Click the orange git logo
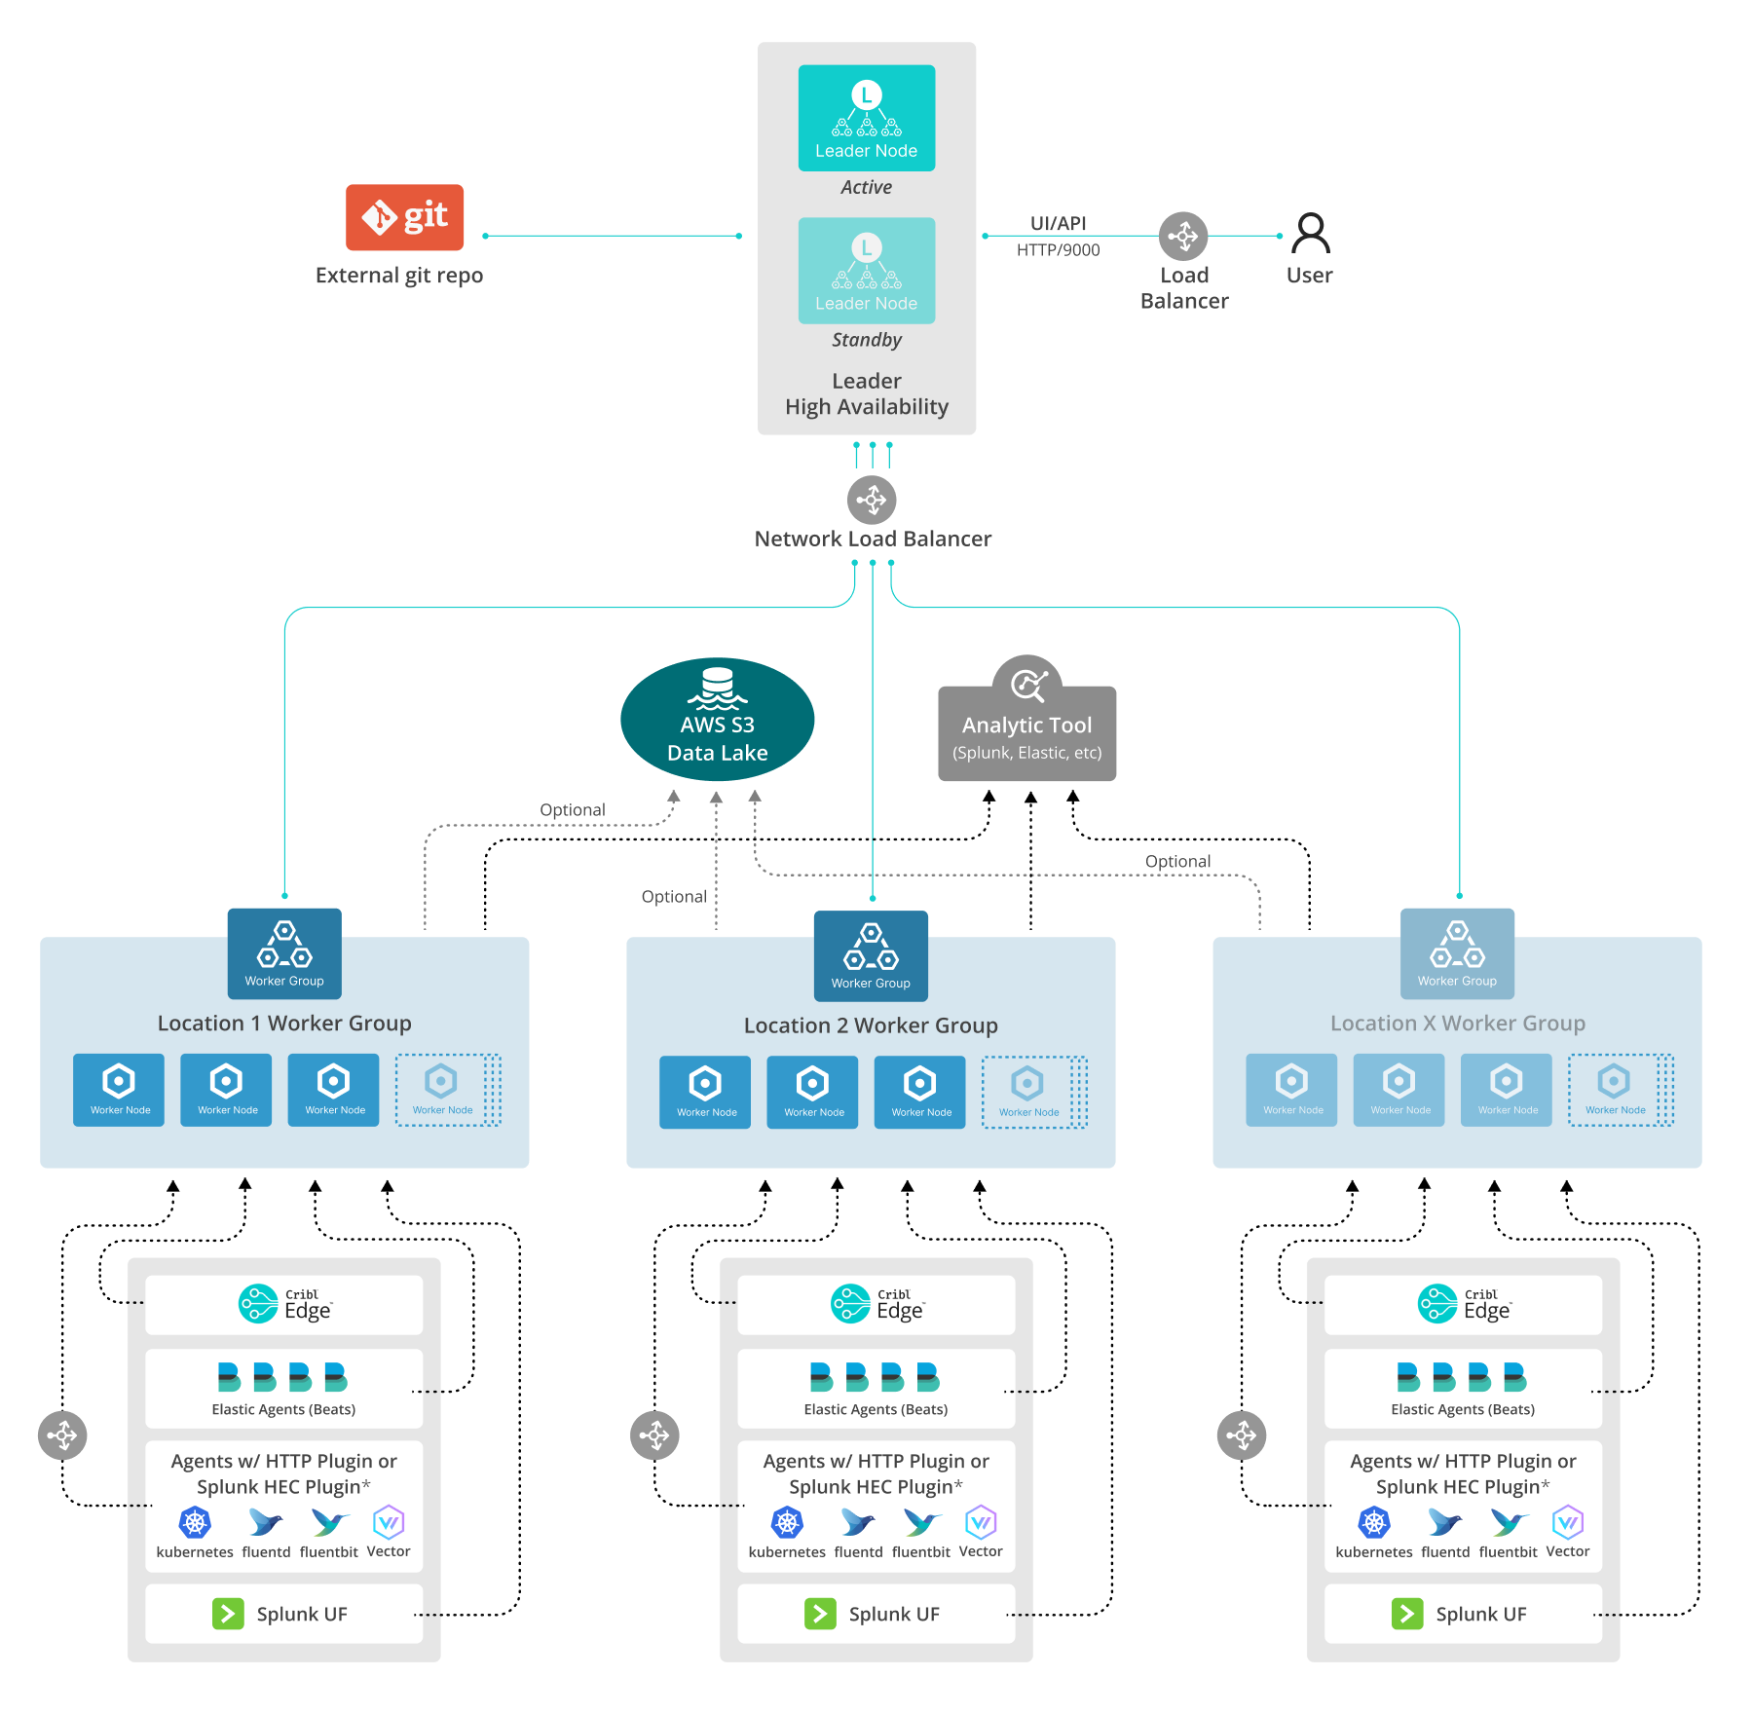coord(404,217)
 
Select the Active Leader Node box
coord(866,118)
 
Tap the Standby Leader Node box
coord(866,271)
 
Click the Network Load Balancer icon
coord(871,500)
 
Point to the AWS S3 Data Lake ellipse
coord(717,720)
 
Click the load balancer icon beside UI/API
coord(1182,236)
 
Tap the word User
coord(1308,276)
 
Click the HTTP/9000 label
coord(1057,250)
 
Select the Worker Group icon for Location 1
coord(284,953)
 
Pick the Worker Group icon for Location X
coord(1457,953)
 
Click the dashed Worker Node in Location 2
coord(1028,1092)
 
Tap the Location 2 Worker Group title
coord(871,1025)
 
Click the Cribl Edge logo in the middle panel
coord(876,1304)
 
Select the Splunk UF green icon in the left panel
coord(228,1614)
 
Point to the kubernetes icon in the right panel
coord(1373,1522)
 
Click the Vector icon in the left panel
coord(389,1522)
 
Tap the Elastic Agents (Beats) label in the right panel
coord(1462,1409)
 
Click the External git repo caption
coord(398,276)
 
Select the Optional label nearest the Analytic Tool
coord(1176,861)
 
